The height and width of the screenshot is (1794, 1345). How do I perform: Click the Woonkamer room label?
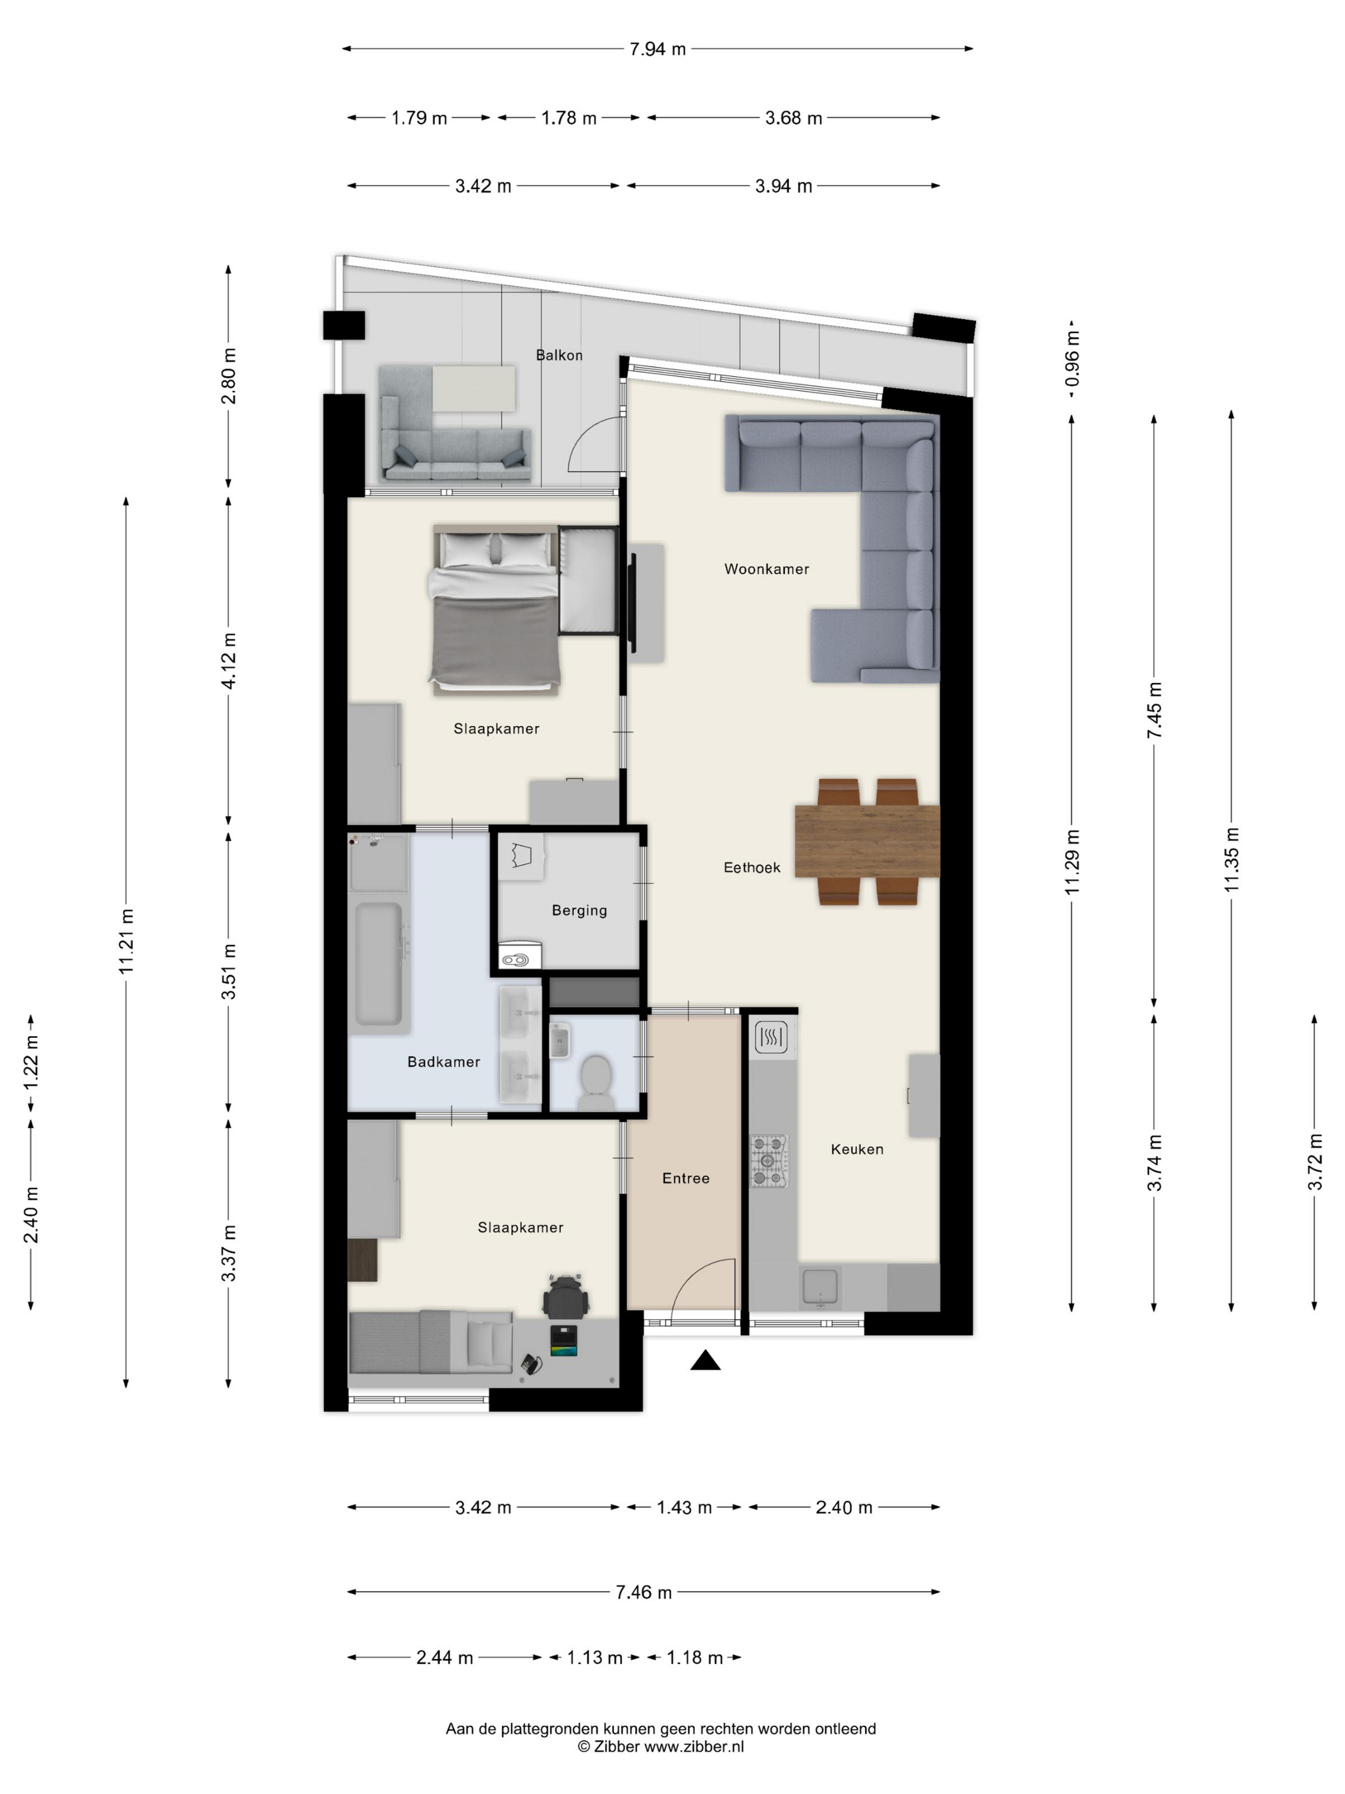[766, 570]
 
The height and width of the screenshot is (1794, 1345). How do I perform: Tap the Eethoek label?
[751, 868]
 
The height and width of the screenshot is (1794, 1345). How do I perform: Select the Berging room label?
[579, 911]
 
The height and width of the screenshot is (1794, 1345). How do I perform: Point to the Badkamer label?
[443, 1062]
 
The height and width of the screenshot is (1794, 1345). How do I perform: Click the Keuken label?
[857, 1149]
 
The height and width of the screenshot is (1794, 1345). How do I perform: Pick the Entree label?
[686, 1178]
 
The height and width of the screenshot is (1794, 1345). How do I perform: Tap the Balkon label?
[558, 355]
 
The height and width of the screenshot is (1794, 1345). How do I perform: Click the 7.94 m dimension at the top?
[658, 49]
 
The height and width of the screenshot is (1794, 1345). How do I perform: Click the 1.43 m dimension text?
[683, 1508]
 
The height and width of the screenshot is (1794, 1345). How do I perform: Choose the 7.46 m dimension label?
[644, 1592]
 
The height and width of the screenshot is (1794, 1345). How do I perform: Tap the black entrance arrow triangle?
[705, 1361]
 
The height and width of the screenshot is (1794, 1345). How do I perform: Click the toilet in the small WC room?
[596, 1082]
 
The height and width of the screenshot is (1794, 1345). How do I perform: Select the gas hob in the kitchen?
[768, 1162]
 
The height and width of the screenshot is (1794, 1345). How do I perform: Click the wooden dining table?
[867, 841]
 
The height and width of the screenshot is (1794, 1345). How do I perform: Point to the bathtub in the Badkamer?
[379, 965]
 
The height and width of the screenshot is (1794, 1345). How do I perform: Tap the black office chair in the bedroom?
[566, 1296]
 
